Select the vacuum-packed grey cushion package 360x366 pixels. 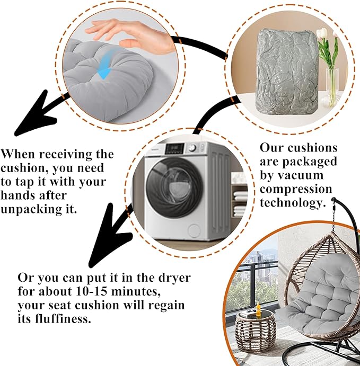pyautogui.click(x=287, y=72)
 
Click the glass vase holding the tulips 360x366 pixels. pyautogui.click(x=332, y=87)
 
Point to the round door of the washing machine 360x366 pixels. pyautogui.click(x=174, y=188)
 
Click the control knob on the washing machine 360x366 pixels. pyautogui.click(x=192, y=148)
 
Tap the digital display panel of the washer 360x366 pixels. pyautogui.click(x=174, y=148)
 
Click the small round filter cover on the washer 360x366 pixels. pyautogui.click(x=194, y=230)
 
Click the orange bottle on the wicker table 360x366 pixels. pyautogui.click(x=258, y=309)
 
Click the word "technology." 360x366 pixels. pyautogui.click(x=293, y=202)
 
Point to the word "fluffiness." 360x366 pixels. pyautogui.click(x=63, y=318)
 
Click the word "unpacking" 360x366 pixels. pyautogui.click(x=31, y=209)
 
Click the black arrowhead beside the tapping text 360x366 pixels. pyautogui.click(x=35, y=115)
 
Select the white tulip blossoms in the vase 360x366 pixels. pyautogui.click(x=324, y=33)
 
